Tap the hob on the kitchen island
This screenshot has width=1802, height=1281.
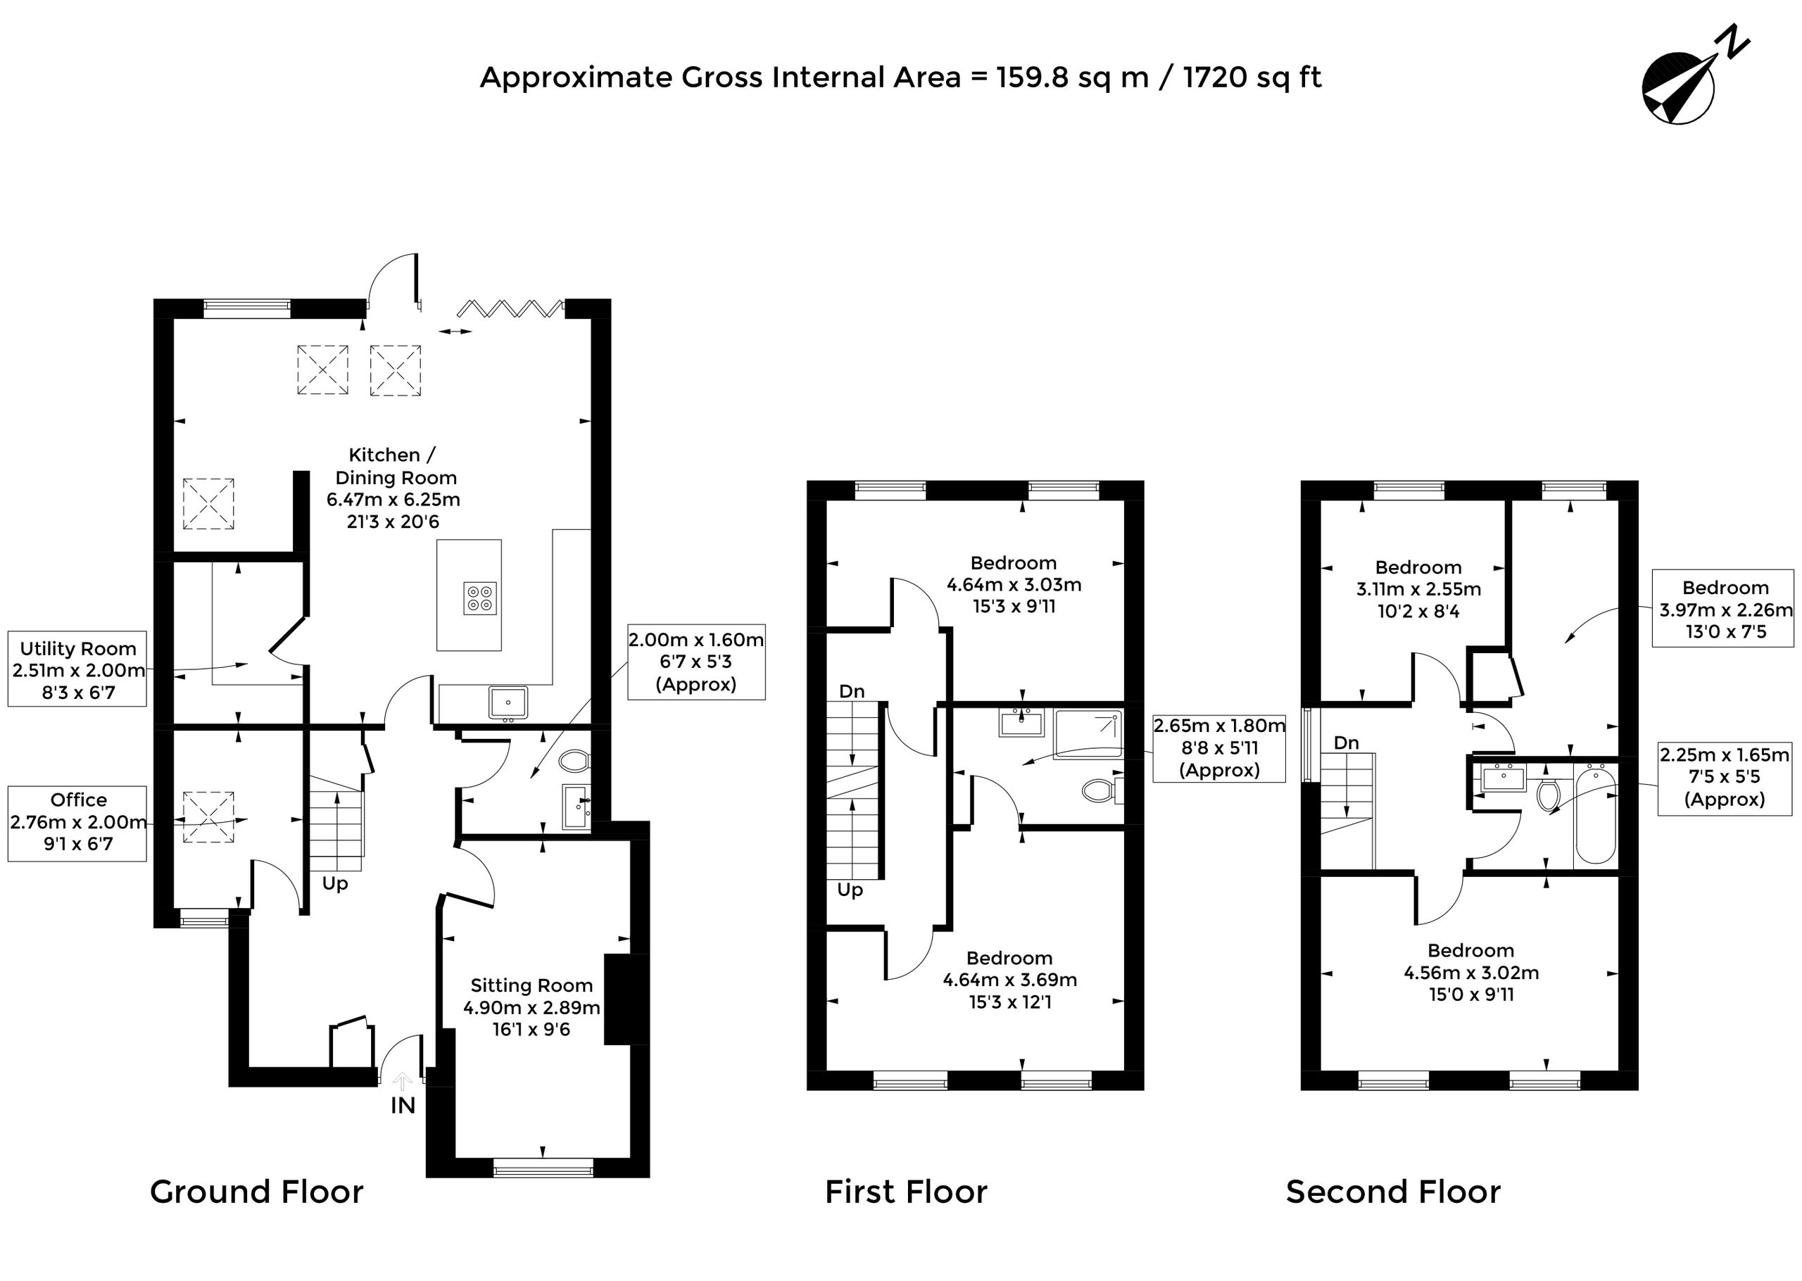point(479,598)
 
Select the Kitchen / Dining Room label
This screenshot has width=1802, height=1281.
point(393,488)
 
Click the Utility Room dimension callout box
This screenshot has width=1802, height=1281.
point(77,669)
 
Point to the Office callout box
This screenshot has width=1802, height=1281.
point(77,823)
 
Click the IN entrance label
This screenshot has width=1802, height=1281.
point(403,1106)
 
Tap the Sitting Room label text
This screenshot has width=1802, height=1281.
point(531,1007)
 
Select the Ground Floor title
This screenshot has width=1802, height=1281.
point(257,1192)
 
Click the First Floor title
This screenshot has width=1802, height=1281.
point(906,1192)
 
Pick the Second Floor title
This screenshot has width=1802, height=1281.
point(1394,1192)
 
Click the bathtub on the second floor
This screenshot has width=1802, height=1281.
point(1595,814)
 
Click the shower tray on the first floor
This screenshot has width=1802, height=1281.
point(1088,734)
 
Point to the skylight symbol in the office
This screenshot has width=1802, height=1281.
point(208,817)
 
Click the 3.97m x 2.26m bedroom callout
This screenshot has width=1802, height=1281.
point(1723,609)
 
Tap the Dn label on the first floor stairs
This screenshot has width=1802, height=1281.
point(852,692)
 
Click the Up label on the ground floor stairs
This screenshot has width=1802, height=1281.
point(335,884)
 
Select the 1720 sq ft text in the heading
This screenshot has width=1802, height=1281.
point(1252,78)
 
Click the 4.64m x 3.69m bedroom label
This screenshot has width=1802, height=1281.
point(1010,980)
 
